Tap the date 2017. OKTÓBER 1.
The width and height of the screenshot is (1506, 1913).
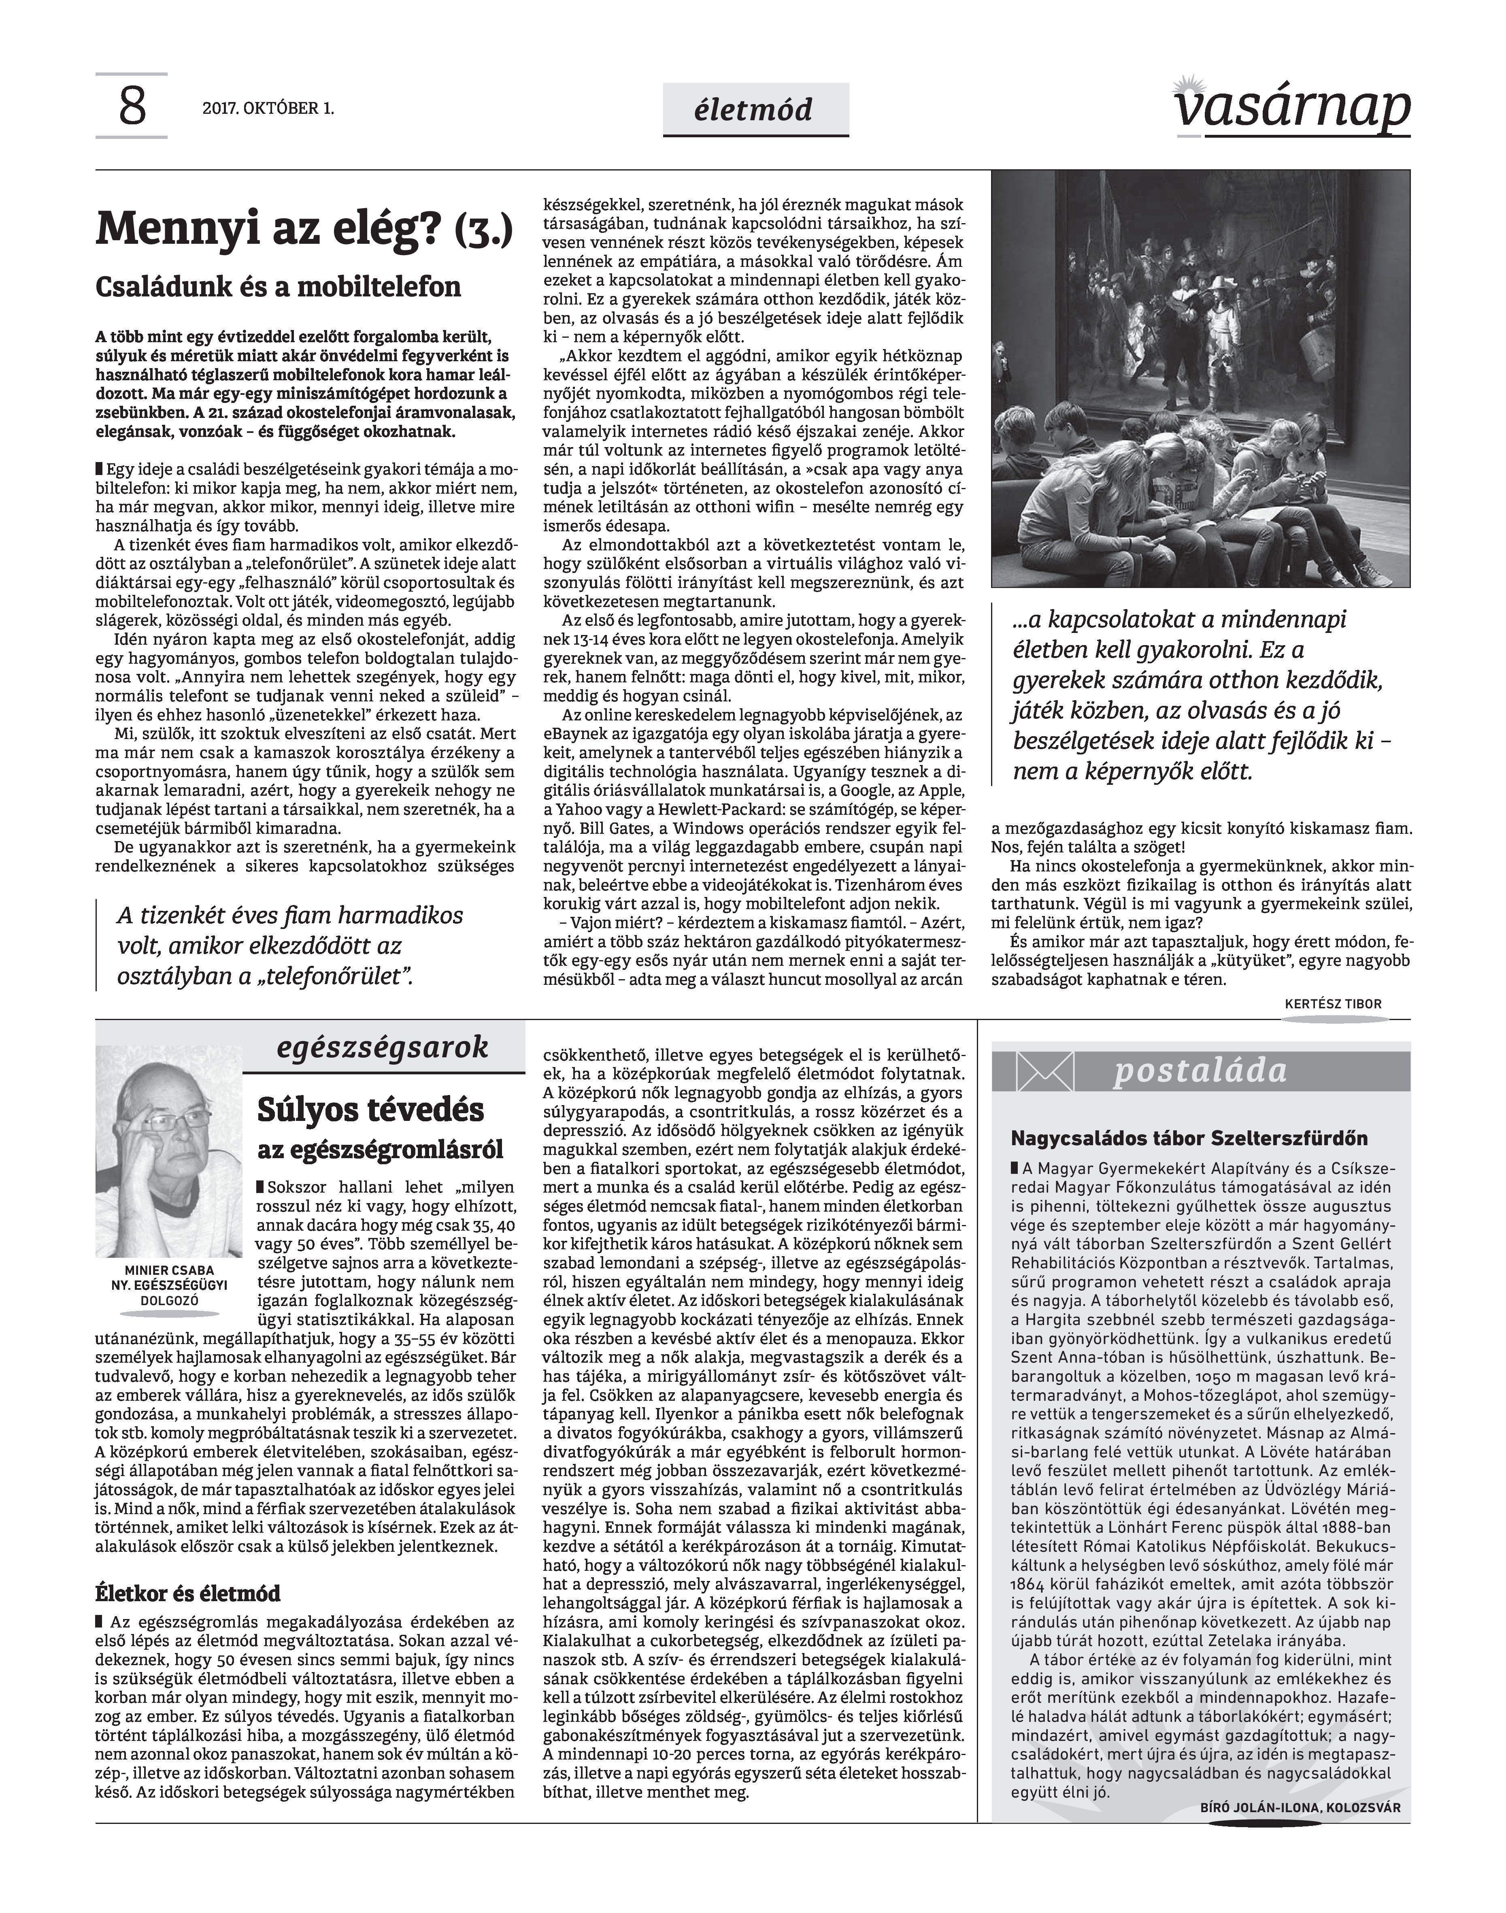click(268, 109)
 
